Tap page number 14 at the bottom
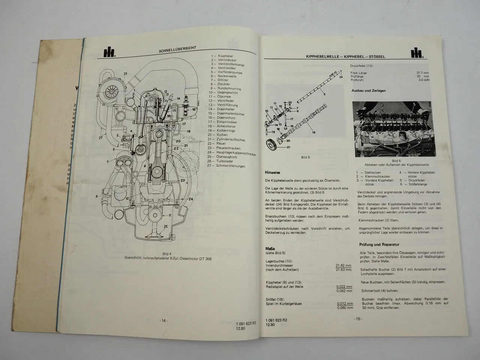[x=164, y=320]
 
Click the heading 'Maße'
[x=270, y=248]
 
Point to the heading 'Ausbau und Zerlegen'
[x=369, y=91]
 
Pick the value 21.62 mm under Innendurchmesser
[x=343, y=265]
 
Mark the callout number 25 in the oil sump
[x=165, y=227]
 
